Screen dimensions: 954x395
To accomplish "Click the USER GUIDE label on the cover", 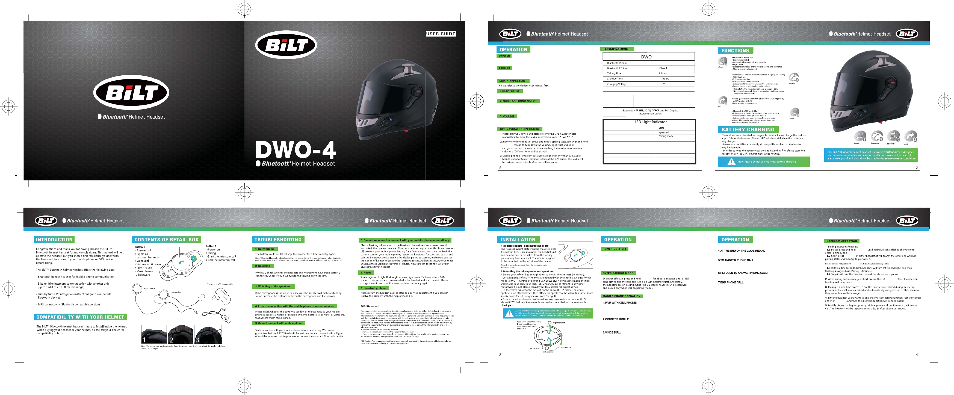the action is (x=440, y=34).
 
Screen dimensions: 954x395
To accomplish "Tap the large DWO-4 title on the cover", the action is (x=296, y=150).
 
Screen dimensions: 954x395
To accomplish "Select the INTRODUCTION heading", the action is (x=54, y=240).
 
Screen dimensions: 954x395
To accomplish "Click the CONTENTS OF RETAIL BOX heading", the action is (x=166, y=240).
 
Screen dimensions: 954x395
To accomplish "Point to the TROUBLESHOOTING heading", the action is (x=278, y=240).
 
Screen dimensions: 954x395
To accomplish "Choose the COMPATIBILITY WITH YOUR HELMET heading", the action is (x=80, y=317).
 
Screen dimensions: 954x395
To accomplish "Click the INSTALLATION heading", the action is (x=518, y=240).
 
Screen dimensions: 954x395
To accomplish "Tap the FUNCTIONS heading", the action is (x=735, y=51).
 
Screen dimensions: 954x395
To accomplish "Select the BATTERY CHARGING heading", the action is (x=748, y=130).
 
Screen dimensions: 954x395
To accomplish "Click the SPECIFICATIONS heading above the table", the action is (x=616, y=49).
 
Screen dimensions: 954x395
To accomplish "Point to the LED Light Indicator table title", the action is (x=650, y=122).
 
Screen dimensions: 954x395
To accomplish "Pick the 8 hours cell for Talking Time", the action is (x=663, y=73).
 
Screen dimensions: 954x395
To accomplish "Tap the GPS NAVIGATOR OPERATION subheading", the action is (x=519, y=129).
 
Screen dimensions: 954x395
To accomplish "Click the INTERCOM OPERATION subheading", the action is (x=841, y=241).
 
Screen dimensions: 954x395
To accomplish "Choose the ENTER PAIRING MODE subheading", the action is (x=618, y=273).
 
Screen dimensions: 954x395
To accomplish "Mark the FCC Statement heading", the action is (x=370, y=306).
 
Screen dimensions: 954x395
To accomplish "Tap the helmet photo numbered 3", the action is (x=208, y=335).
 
